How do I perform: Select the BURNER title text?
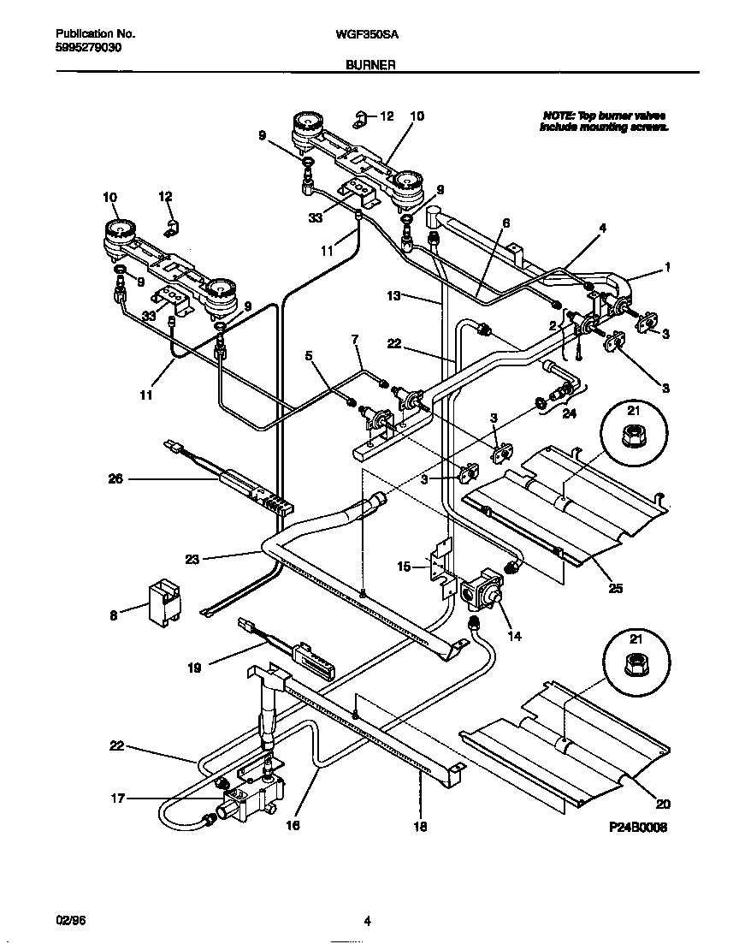coord(369,64)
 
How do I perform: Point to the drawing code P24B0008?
coord(637,828)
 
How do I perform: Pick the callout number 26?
coord(115,479)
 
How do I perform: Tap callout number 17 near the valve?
coord(118,799)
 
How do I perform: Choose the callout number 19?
coord(194,668)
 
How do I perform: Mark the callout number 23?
coord(192,561)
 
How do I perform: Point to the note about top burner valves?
coord(604,121)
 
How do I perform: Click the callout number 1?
coord(667,267)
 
